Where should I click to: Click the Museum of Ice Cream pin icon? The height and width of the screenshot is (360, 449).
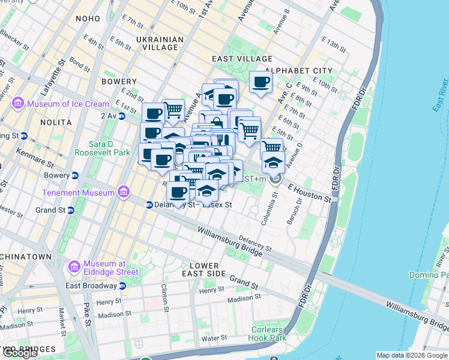tap(18, 104)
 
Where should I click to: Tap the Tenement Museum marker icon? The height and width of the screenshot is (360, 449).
tap(124, 193)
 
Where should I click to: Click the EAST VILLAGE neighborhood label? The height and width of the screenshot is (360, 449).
tap(242, 59)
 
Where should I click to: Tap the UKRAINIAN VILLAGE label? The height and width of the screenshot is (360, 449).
tap(160, 44)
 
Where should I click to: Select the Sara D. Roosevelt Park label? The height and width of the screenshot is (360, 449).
tap(102, 148)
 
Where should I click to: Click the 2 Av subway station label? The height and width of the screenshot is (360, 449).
tap(109, 115)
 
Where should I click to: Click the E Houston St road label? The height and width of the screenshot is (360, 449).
tap(309, 193)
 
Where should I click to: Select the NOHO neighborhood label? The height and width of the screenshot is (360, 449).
tap(88, 19)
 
